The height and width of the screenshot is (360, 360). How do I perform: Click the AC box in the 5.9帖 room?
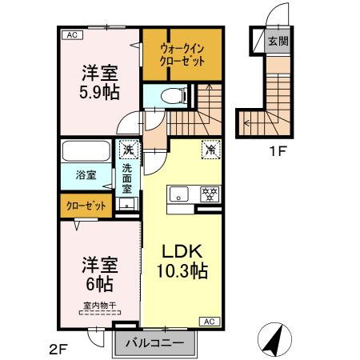[x=71, y=35]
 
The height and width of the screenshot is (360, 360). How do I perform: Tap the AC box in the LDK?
[x=209, y=321]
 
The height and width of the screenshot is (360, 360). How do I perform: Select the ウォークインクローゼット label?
[x=181, y=54]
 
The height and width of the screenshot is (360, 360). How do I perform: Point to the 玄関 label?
[x=277, y=41]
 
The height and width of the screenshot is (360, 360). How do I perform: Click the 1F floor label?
[x=278, y=150]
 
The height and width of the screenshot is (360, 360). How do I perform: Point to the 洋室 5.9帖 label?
[x=99, y=81]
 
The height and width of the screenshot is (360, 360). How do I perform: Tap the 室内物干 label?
[x=99, y=304]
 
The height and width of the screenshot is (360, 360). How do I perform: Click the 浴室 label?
[x=86, y=175]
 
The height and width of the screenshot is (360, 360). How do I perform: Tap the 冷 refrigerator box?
[x=210, y=147]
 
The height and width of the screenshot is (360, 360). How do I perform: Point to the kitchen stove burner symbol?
[x=210, y=194]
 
